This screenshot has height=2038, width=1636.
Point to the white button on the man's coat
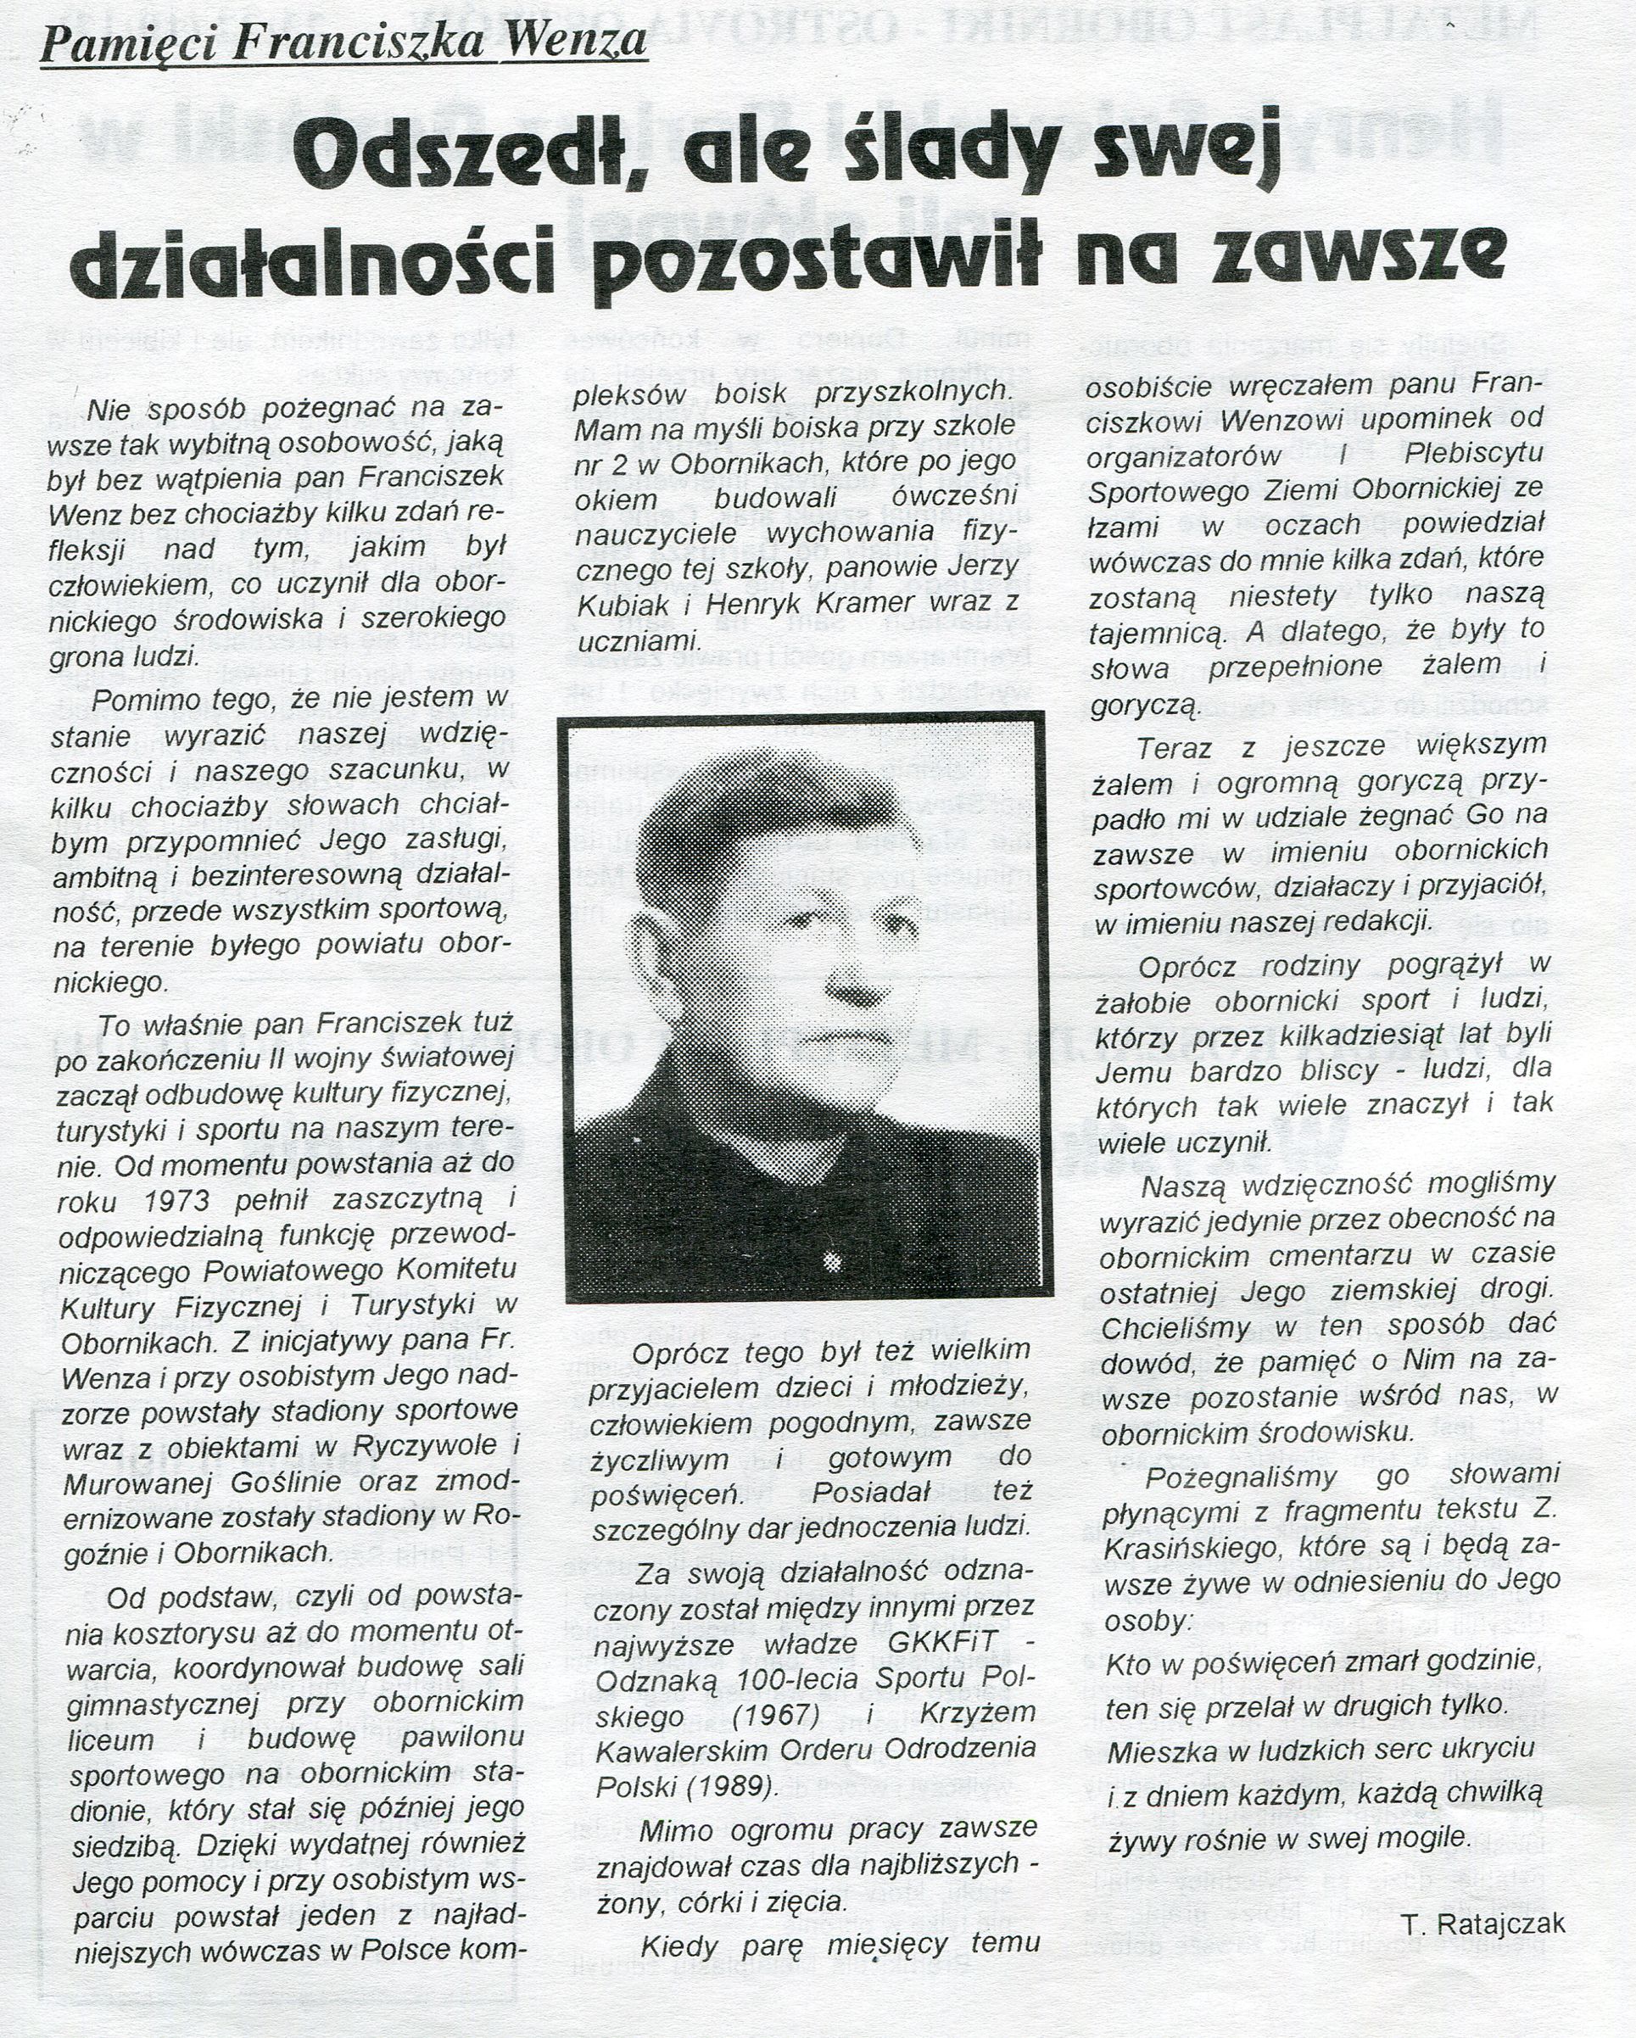coord(833,1262)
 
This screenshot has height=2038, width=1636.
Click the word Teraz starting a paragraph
coord(1175,749)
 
